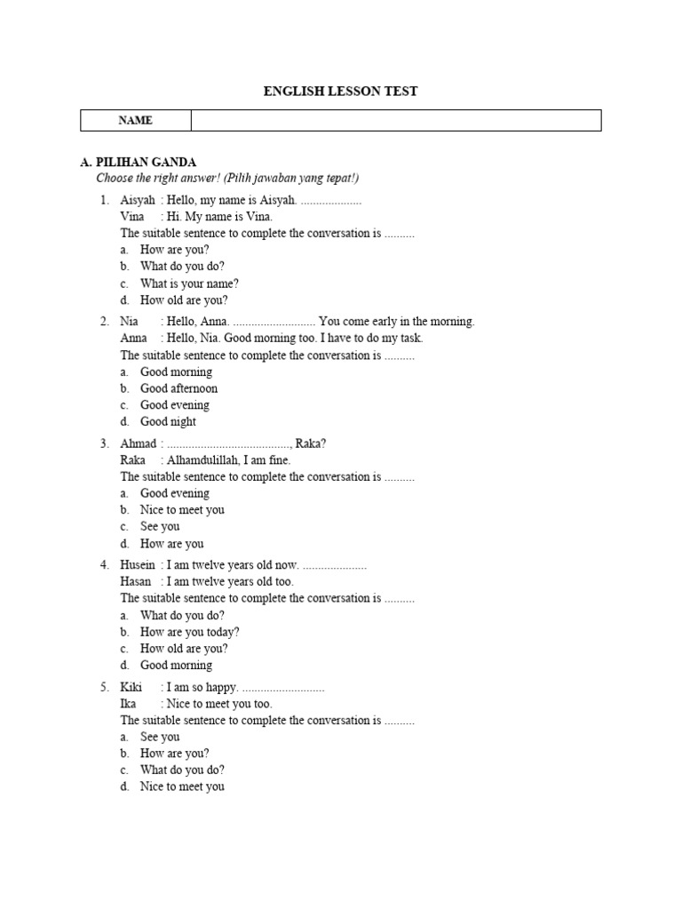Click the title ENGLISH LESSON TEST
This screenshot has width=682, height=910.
coord(341,91)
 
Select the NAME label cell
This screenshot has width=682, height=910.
coord(135,120)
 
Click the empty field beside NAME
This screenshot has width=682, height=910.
coord(396,120)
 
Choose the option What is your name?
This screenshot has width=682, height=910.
coord(189,283)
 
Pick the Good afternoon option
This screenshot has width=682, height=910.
coord(178,388)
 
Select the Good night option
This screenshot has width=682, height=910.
coord(168,421)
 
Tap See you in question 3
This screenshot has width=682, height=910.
coord(160,526)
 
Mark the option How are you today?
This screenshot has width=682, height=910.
coord(189,632)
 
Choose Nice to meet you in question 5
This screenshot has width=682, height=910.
coord(182,786)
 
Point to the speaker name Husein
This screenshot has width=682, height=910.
coord(138,565)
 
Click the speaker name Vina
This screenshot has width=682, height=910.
coord(132,216)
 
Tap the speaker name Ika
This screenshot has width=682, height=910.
coord(129,704)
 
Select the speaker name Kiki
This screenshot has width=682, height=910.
coord(131,687)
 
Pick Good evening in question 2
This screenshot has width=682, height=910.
coord(175,405)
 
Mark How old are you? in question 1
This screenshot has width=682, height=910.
coord(184,300)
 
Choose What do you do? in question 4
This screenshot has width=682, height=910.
coord(182,615)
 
